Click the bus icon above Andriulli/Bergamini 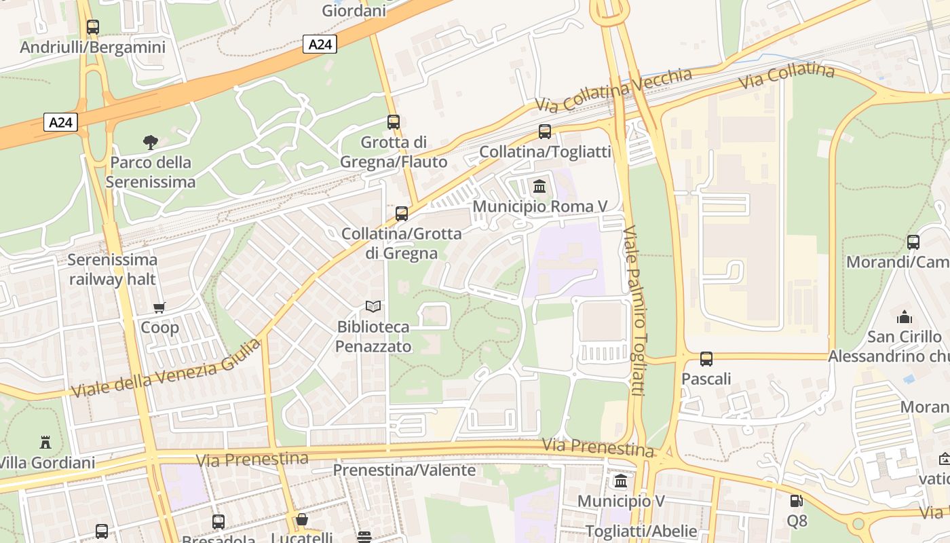(93, 27)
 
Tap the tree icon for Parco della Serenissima (151, 142)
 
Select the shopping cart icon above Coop (159, 307)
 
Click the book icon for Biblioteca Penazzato (373, 306)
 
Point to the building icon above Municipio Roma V (539, 185)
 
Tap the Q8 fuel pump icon (797, 502)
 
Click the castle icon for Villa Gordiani (45, 443)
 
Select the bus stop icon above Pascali (706, 358)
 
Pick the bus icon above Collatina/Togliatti (545, 132)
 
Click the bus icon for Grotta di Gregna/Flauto (394, 122)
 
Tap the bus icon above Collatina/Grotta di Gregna (402, 214)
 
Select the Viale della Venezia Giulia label (166, 369)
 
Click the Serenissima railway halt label (113, 269)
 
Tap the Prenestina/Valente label (404, 470)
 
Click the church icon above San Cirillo (904, 317)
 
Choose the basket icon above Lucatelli (302, 519)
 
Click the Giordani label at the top (354, 11)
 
